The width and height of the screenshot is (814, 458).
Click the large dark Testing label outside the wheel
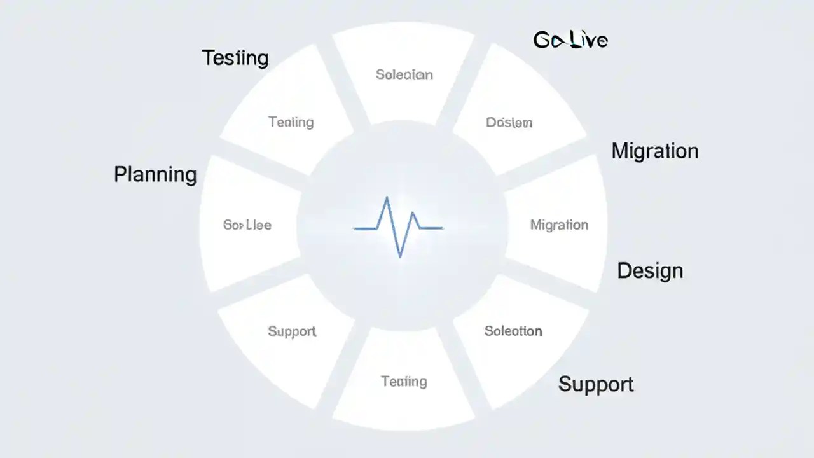coord(235,58)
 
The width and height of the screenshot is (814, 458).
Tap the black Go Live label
coord(570,41)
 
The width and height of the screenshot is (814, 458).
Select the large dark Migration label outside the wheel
coord(654,151)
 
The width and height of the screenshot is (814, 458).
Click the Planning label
coord(155,174)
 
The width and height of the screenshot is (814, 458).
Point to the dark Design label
coord(650,271)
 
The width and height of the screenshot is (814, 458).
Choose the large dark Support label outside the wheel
coord(596,384)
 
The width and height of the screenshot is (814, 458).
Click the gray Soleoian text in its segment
coord(404,74)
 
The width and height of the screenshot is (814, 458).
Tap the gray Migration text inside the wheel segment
coord(559,225)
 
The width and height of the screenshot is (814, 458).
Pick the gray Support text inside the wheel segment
coord(292,331)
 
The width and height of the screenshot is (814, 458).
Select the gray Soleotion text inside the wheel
coord(513,331)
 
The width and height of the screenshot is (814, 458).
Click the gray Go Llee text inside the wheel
coord(247,225)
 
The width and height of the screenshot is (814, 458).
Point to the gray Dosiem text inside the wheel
coord(509,122)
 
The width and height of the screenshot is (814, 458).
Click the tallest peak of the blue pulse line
coord(387,198)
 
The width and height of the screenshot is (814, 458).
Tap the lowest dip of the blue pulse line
coord(400,256)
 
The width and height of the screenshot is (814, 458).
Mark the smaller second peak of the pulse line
coord(414,212)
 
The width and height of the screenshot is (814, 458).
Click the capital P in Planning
coord(121,174)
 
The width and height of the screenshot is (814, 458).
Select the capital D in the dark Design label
coord(625,270)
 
